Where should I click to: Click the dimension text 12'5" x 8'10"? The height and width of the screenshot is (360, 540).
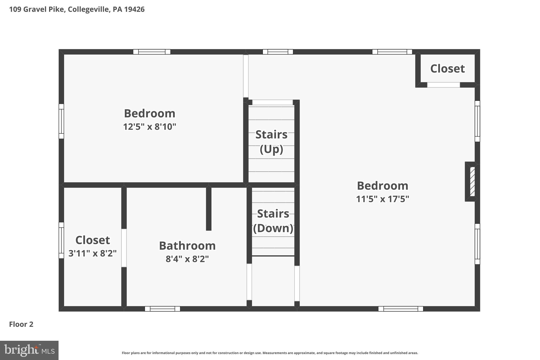[x=150, y=127]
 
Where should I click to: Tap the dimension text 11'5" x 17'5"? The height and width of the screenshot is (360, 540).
[x=382, y=199]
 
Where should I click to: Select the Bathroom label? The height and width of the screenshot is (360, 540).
[x=187, y=246]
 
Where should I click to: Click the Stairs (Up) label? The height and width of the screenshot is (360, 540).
[x=271, y=142]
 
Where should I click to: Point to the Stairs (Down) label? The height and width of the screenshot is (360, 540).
[x=273, y=221]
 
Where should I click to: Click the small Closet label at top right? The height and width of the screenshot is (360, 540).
[x=447, y=69]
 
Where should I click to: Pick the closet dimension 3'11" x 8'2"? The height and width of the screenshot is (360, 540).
[x=93, y=253]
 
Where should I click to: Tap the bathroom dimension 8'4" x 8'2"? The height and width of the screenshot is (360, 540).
[x=187, y=259]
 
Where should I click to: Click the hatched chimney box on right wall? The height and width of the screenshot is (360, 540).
[x=472, y=181]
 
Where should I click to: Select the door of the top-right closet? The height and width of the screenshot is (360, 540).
[x=443, y=85]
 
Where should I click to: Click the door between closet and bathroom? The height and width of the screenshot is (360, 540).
[x=124, y=248]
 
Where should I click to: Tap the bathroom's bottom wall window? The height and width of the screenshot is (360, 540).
[x=162, y=309]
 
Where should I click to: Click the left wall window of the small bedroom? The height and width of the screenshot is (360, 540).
[x=61, y=121]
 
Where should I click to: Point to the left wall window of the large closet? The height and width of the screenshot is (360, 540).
[x=61, y=240]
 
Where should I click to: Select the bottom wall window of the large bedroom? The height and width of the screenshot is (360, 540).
[x=401, y=309]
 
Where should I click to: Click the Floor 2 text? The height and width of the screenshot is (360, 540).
[x=21, y=324]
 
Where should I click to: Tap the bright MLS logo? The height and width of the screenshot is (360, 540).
[x=29, y=350]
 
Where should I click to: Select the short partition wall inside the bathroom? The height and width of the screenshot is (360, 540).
[x=209, y=208]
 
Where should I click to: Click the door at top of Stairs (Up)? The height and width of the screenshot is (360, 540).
[x=272, y=102]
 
